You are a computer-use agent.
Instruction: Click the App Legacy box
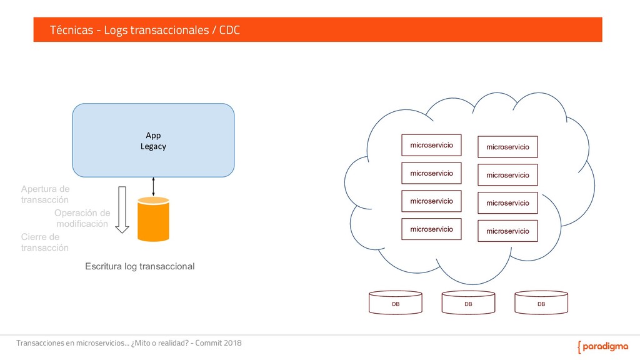click(153, 140)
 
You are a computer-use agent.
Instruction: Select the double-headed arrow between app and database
click(153, 186)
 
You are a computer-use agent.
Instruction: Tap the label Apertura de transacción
click(45, 194)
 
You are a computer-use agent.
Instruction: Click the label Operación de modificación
click(82, 218)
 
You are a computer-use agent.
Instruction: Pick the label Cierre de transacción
click(45, 242)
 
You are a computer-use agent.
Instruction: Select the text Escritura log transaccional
click(139, 266)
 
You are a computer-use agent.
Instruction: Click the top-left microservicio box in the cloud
click(431, 145)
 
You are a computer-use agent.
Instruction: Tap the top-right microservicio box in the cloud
click(507, 147)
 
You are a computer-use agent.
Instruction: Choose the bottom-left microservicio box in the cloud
click(431, 229)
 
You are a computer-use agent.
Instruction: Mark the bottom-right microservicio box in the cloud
click(507, 231)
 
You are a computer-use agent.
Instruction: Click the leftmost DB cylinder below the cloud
click(396, 302)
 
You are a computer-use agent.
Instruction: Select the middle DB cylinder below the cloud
click(468, 302)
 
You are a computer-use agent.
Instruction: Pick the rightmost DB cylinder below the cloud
click(541, 302)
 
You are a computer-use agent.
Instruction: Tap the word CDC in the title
click(229, 30)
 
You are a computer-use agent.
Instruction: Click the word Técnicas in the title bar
click(71, 30)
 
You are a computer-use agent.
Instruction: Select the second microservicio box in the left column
click(431, 173)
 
